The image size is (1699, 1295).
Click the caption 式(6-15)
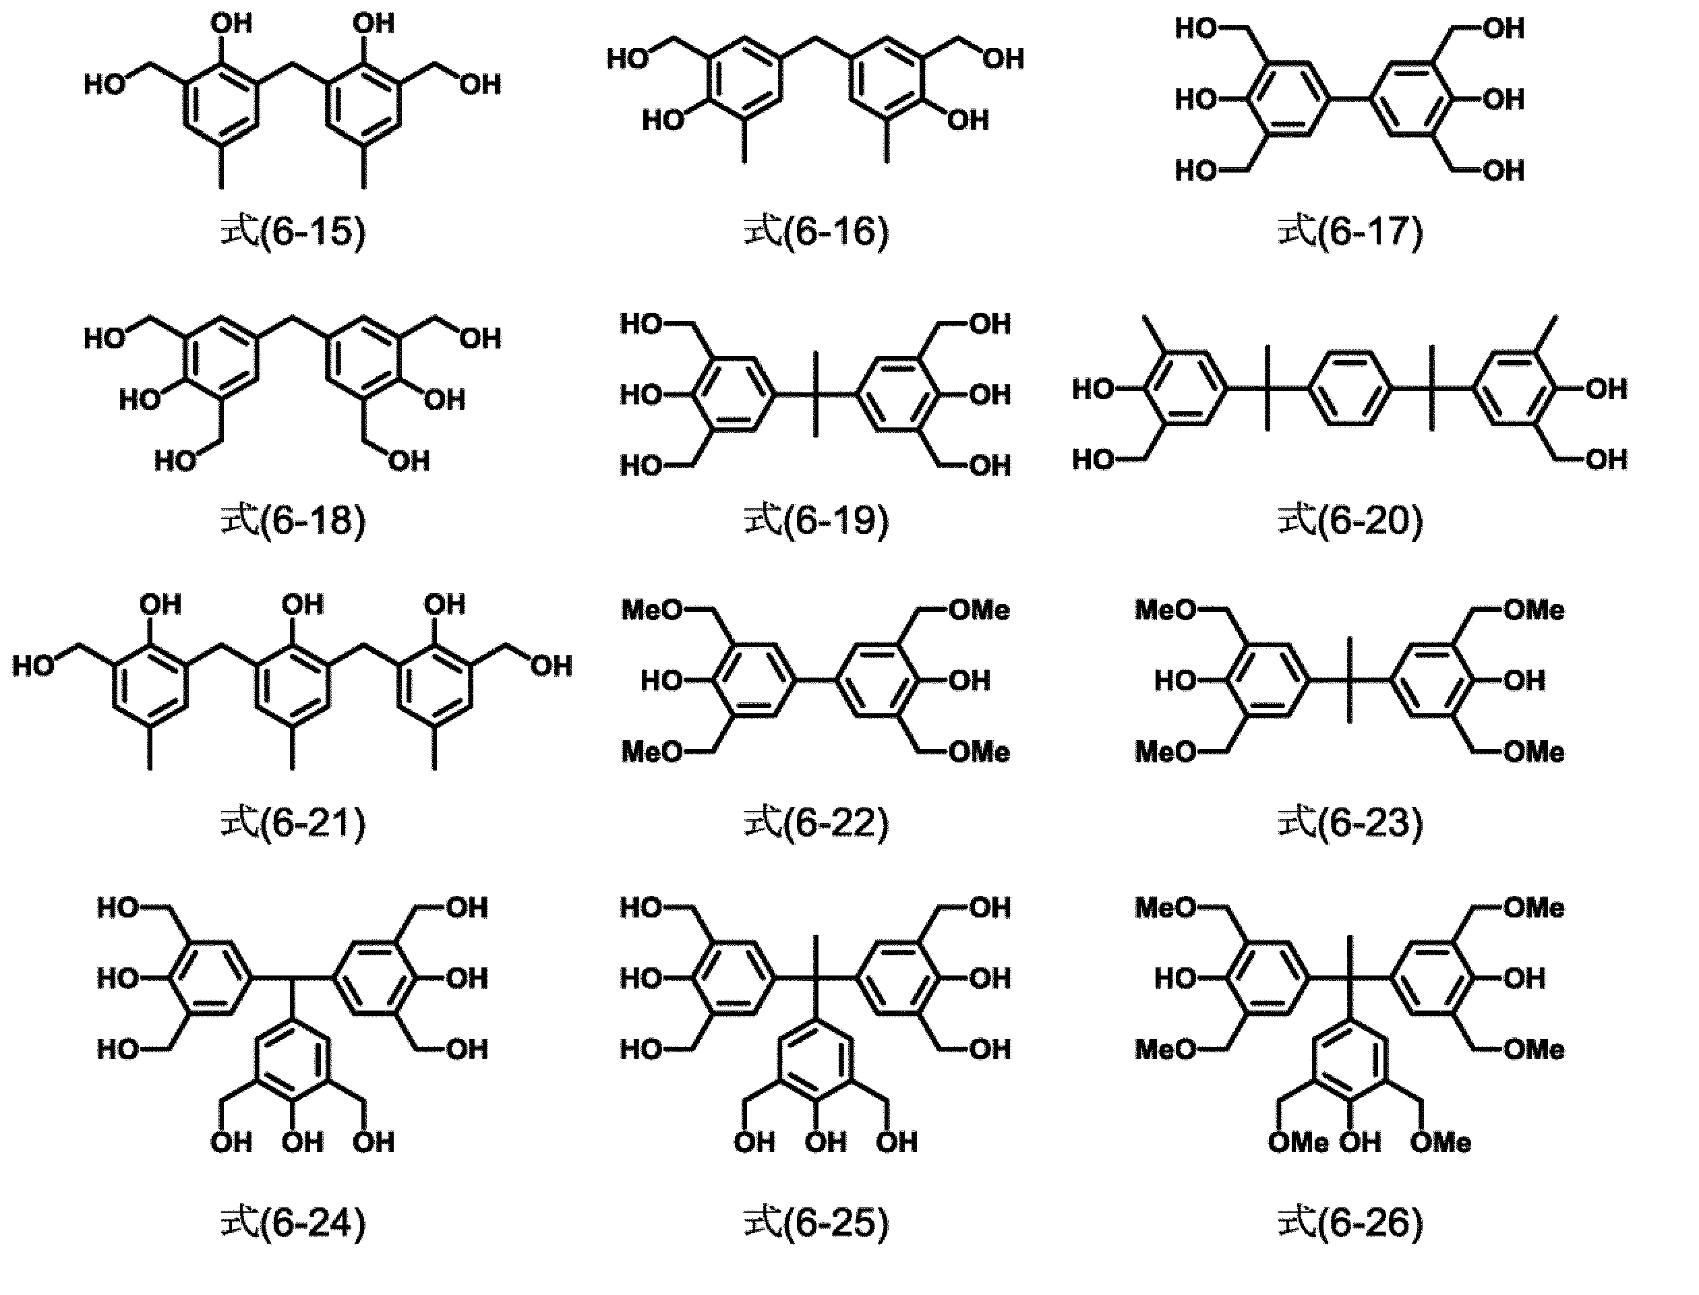(x=293, y=231)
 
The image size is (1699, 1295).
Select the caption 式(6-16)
(x=816, y=231)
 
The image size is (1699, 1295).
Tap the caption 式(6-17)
(x=1350, y=231)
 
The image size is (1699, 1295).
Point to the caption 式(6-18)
(x=293, y=520)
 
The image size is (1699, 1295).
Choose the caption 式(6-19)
(x=816, y=520)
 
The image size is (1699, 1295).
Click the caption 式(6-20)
(x=1350, y=520)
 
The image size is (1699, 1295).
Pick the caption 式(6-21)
(x=293, y=822)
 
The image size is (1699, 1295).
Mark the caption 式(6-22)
(x=816, y=822)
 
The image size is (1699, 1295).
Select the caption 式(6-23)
(x=1350, y=822)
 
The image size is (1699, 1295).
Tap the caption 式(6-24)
(x=293, y=1224)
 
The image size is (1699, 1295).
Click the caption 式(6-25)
(x=816, y=1224)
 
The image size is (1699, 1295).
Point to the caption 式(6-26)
(x=1350, y=1224)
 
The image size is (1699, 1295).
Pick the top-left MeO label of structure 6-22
(x=652, y=611)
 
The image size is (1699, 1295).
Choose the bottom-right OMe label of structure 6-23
(x=1534, y=752)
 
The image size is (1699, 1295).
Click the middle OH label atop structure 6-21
(x=303, y=604)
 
